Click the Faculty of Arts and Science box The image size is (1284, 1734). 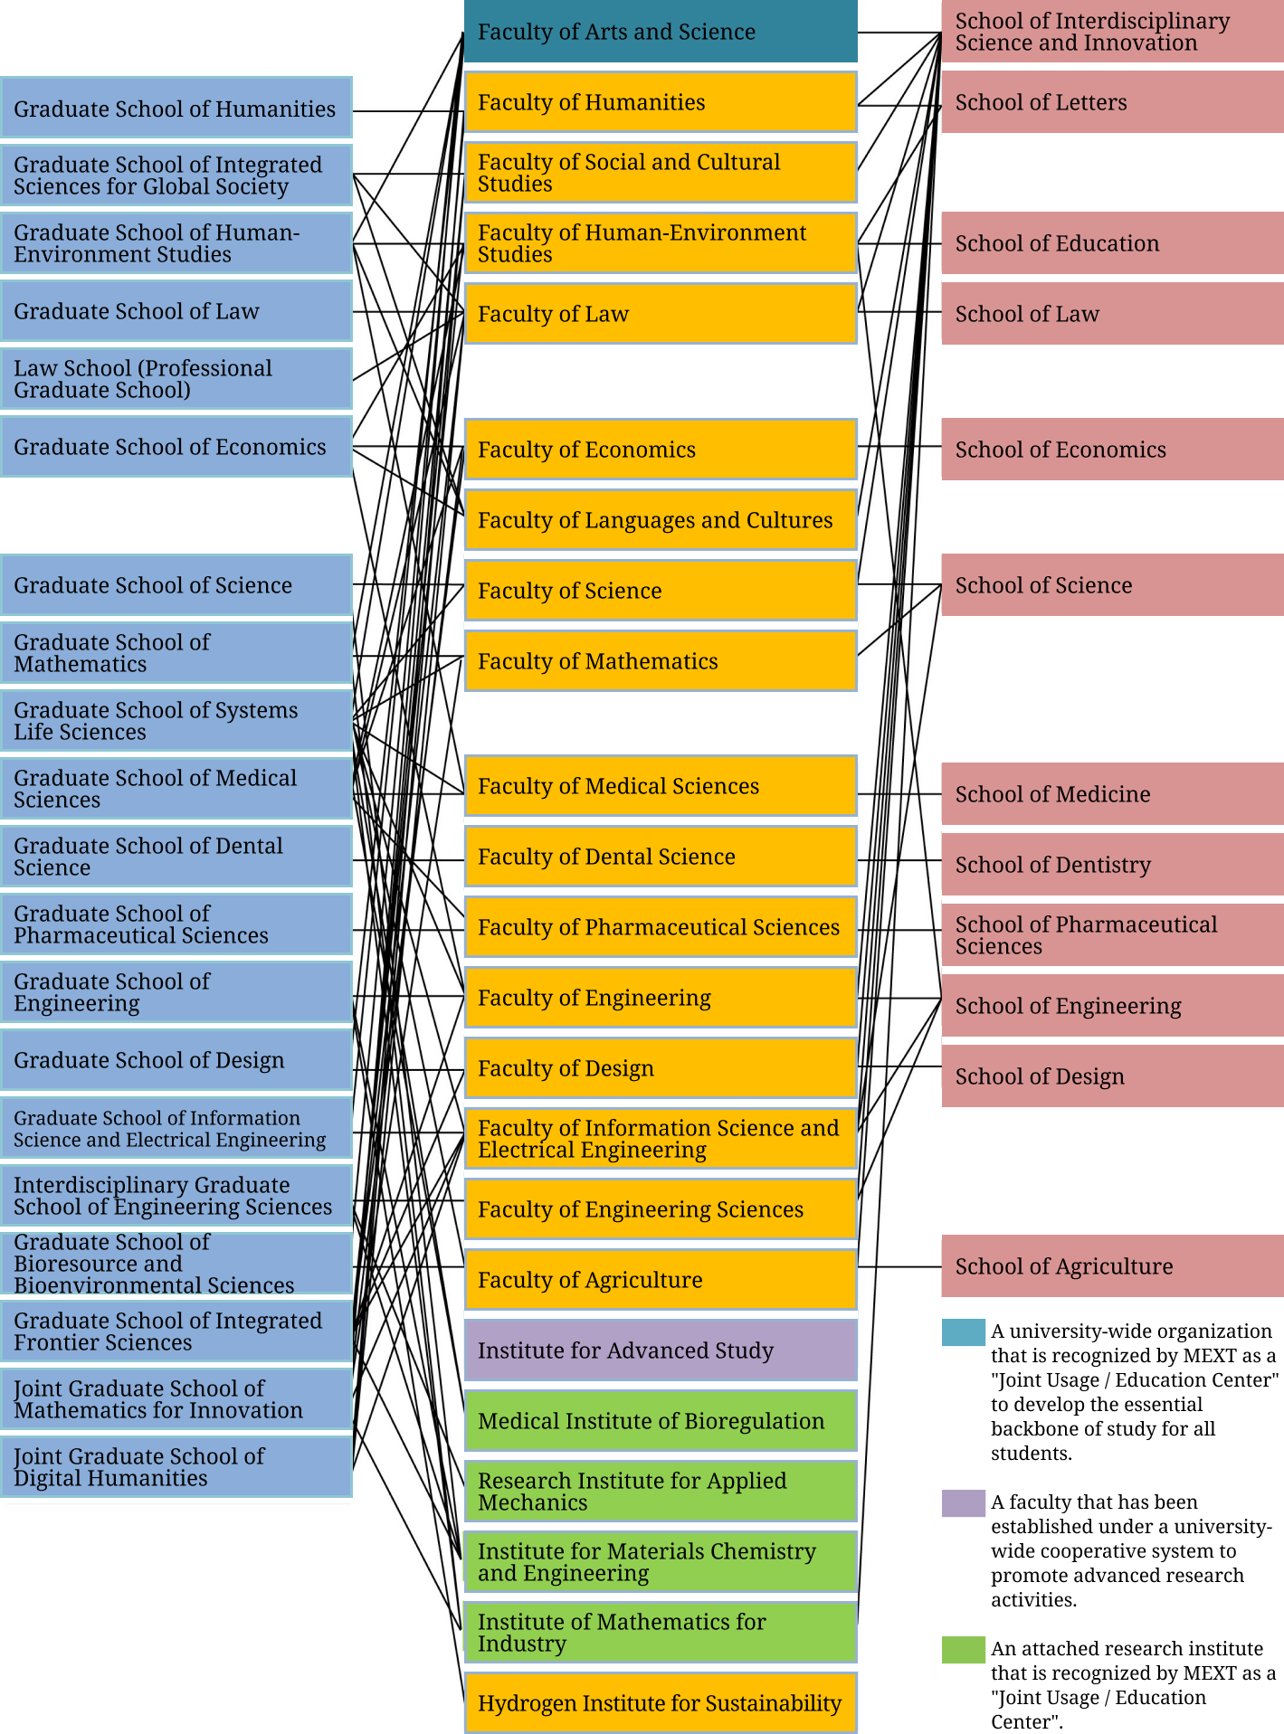pos(661,32)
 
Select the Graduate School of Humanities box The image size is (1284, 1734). pos(176,109)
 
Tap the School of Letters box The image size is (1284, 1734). pos(1112,102)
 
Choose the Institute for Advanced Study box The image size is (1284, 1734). pos(661,1350)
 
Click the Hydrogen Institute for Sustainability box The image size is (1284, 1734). pos(661,1703)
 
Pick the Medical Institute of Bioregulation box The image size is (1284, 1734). pos(661,1421)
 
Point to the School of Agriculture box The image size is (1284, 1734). pos(1112,1266)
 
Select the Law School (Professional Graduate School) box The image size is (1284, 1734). pos(176,379)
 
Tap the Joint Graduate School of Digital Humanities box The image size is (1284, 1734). pos(176,1467)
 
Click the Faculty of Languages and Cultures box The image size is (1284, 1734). pos(661,520)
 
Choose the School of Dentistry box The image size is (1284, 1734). pos(1112,865)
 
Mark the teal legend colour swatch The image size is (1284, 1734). pos(963,1332)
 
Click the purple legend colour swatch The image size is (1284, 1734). pos(963,1503)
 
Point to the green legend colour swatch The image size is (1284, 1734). pos(963,1650)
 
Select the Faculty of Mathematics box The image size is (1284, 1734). pos(661,661)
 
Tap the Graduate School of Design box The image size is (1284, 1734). pos(176,1060)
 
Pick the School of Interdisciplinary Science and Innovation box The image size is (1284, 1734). pos(1112,32)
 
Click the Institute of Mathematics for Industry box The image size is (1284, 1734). pos(661,1633)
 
